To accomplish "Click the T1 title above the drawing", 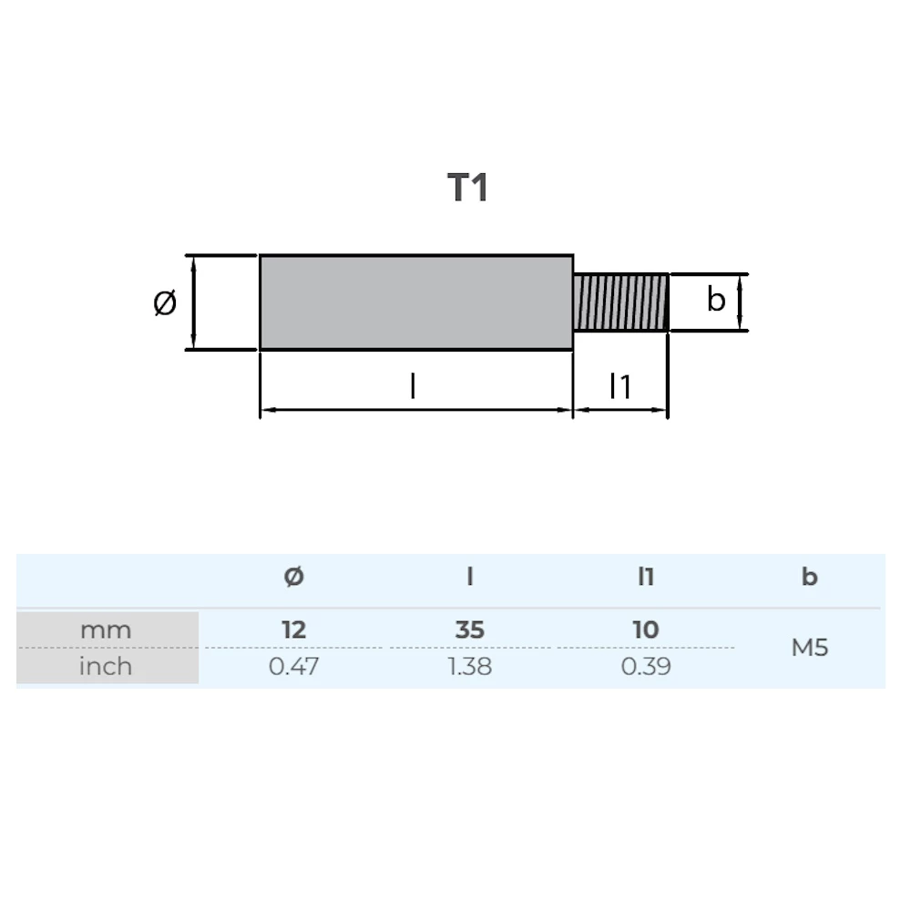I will coord(468,188).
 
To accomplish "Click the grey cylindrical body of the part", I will coord(416,302).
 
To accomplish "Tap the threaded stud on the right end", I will coord(621,302).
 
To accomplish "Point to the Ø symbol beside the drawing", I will coord(165,302).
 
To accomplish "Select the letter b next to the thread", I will coord(716,299).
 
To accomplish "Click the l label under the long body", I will coord(413,387).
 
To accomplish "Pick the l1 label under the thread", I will coord(620,387).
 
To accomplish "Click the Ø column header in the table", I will coord(293,577).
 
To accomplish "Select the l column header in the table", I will coord(470,577).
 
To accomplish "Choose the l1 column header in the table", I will coord(646,577).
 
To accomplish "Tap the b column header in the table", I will coord(809,577).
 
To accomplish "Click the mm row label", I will coord(106,630).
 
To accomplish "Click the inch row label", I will coord(106,666).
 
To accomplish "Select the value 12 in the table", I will coord(293,630).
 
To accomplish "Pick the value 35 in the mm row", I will coord(470,630).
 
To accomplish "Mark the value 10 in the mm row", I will coord(646,630).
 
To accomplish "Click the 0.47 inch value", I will coord(293,666).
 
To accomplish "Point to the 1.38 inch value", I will coord(470,666).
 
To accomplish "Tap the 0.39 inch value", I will coord(646,666).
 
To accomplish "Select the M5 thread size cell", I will coord(809,648).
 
